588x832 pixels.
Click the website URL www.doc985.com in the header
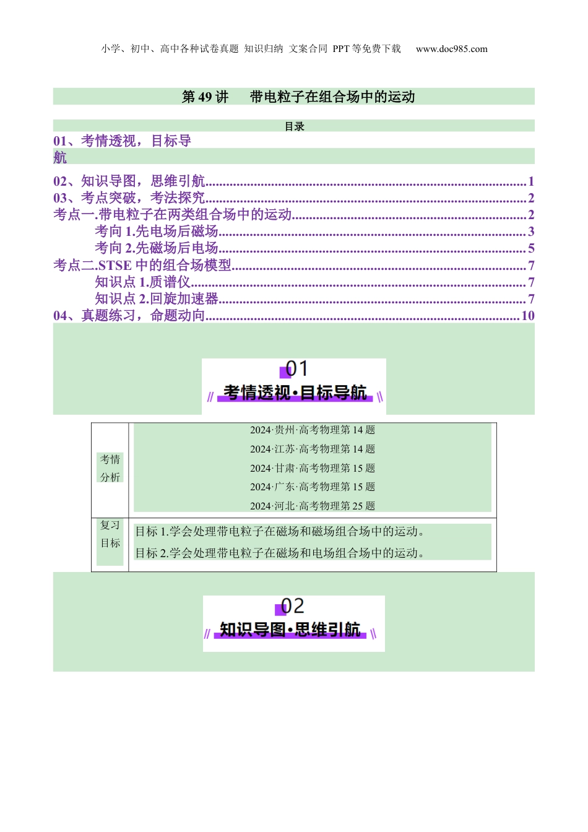pos(451,49)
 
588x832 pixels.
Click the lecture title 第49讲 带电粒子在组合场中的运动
pos(298,97)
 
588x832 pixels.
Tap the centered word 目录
pos(294,126)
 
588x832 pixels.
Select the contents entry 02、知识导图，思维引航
pos(129,181)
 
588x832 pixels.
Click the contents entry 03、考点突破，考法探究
pos(129,198)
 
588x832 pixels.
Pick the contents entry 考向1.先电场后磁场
pos(157,232)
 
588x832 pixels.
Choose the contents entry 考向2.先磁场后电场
pos(157,248)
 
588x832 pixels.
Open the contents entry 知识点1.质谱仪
pos(142,282)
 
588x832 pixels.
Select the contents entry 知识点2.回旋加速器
pos(157,299)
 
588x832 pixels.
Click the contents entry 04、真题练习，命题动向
pos(129,316)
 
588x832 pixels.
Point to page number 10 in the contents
pos(527,316)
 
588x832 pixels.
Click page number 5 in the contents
pos(531,248)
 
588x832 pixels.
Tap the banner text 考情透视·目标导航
pos(295,392)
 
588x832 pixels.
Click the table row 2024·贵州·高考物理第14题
pos(313,430)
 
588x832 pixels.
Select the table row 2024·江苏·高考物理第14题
pos(313,449)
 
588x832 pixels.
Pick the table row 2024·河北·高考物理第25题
pos(313,506)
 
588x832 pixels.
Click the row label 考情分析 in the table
pos(110,468)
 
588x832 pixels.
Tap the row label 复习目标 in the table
pos(110,534)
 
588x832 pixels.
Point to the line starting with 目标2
pos(280,553)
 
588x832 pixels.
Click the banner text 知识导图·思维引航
pos(290,630)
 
